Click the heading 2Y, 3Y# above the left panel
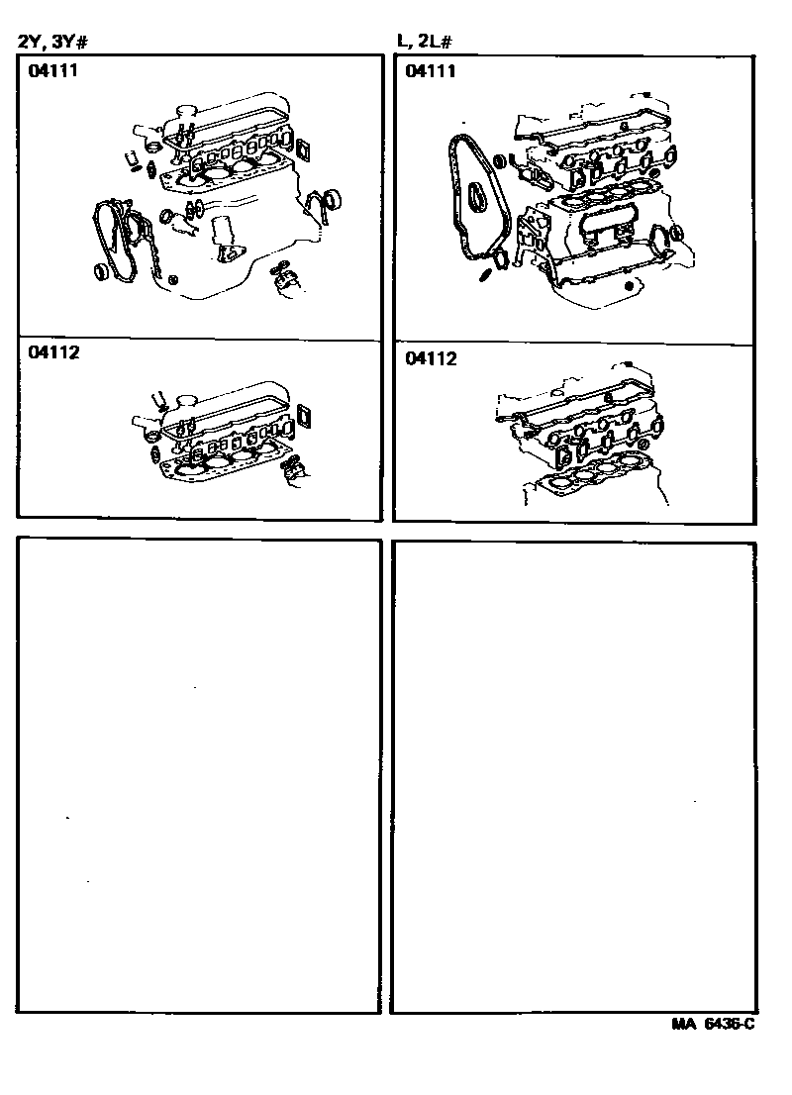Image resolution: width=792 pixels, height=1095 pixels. (52, 42)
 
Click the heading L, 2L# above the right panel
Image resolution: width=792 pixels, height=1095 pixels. (425, 42)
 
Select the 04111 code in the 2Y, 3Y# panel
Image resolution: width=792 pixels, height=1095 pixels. (53, 70)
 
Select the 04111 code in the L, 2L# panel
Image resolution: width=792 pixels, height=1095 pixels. (431, 70)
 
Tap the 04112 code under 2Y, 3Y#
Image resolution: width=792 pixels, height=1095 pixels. (53, 352)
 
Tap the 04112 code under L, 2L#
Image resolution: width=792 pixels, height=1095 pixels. (431, 358)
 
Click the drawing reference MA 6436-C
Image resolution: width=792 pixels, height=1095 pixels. (713, 1024)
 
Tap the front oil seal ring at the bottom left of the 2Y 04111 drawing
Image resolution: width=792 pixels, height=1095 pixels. (101, 271)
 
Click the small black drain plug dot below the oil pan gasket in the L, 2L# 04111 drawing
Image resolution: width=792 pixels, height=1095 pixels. (630, 285)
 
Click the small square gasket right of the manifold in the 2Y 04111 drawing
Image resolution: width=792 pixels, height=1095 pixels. (303, 149)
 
